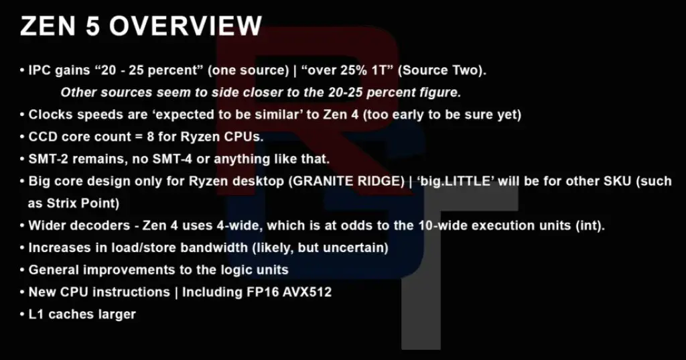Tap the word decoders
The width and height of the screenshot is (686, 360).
(x=90, y=226)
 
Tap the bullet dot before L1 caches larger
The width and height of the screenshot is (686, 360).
(x=22, y=314)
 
